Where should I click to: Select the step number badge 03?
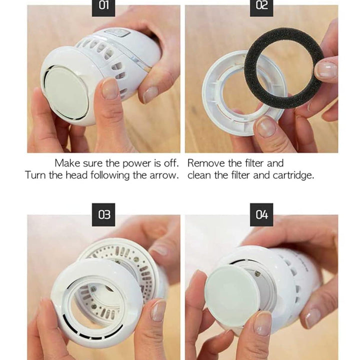click(x=103, y=214)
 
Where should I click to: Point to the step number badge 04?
click(x=261, y=214)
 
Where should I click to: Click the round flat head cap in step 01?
click(x=66, y=92)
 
